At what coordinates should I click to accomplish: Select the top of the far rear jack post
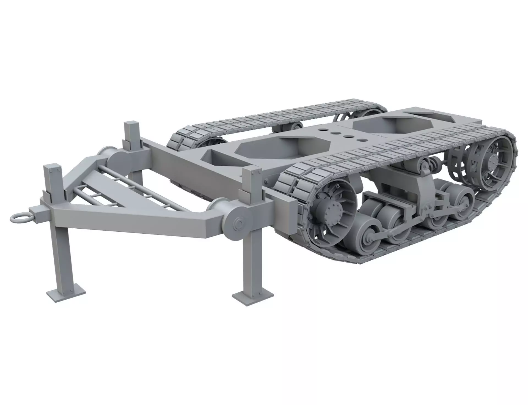coord(131,124)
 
